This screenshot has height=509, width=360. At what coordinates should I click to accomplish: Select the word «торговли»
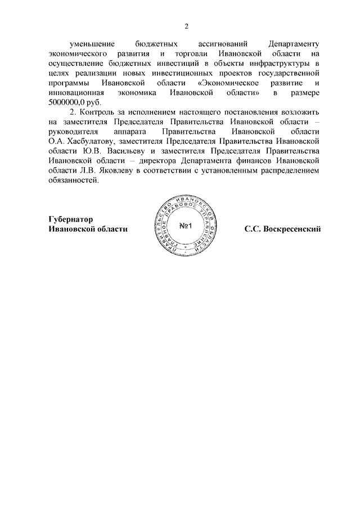(x=195, y=53)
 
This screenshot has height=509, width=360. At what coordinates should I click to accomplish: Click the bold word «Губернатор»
(x=70, y=219)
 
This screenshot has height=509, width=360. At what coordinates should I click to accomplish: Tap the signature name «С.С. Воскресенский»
(x=282, y=229)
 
